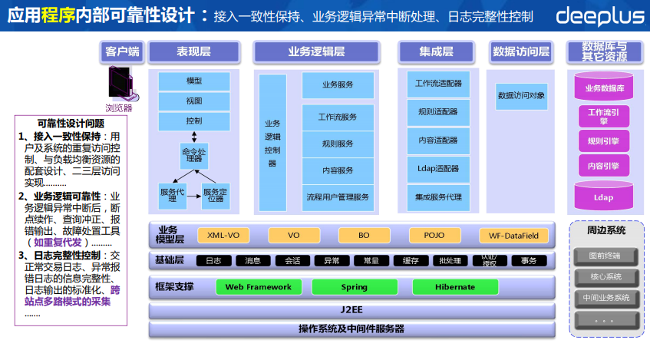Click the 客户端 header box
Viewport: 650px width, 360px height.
pyautogui.click(x=123, y=51)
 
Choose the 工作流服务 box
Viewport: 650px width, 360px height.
pyautogui.click(x=338, y=117)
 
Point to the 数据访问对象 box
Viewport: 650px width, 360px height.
pyautogui.click(x=522, y=96)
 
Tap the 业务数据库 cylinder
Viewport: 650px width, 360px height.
pyautogui.click(x=605, y=88)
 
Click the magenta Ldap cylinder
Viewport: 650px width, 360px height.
pyautogui.click(x=604, y=197)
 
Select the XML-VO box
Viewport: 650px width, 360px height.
pyautogui.click(x=224, y=235)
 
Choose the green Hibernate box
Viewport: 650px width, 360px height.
pyautogui.click(x=455, y=287)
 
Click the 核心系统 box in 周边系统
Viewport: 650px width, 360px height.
pyautogui.click(x=605, y=276)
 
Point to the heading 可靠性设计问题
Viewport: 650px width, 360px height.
pyautogui.click(x=71, y=123)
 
